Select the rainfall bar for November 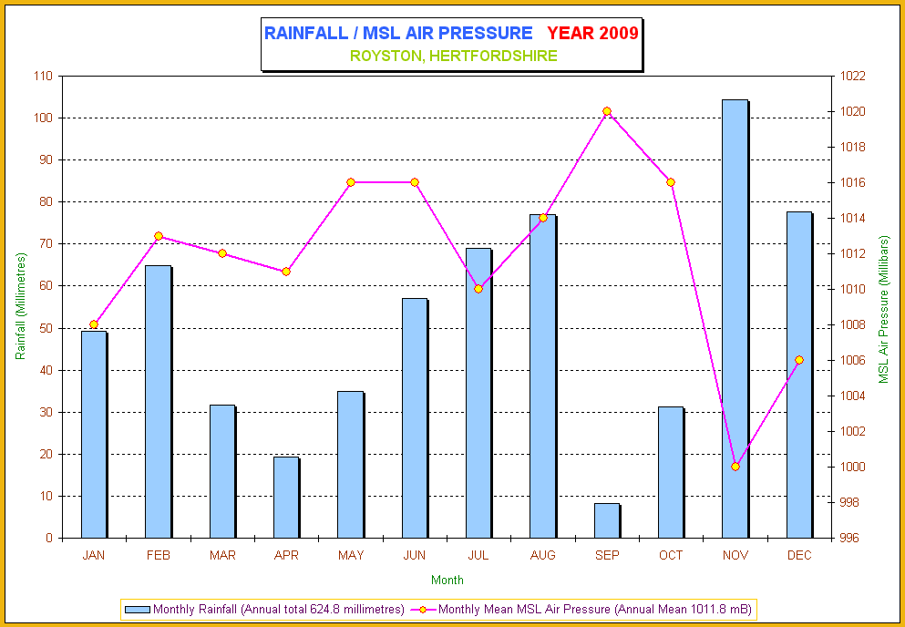(735, 319)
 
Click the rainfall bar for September (606, 520)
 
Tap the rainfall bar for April (286, 497)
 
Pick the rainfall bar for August (542, 376)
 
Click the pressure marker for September (607, 111)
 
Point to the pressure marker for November (735, 467)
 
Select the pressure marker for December (799, 360)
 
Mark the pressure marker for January (94, 324)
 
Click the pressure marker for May (351, 182)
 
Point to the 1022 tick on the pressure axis (854, 76)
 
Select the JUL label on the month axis (478, 555)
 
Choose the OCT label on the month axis (671, 555)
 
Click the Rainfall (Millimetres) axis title (20, 306)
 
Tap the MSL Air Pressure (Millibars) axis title (883, 306)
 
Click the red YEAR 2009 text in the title (592, 33)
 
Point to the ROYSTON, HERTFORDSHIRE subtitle (453, 56)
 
